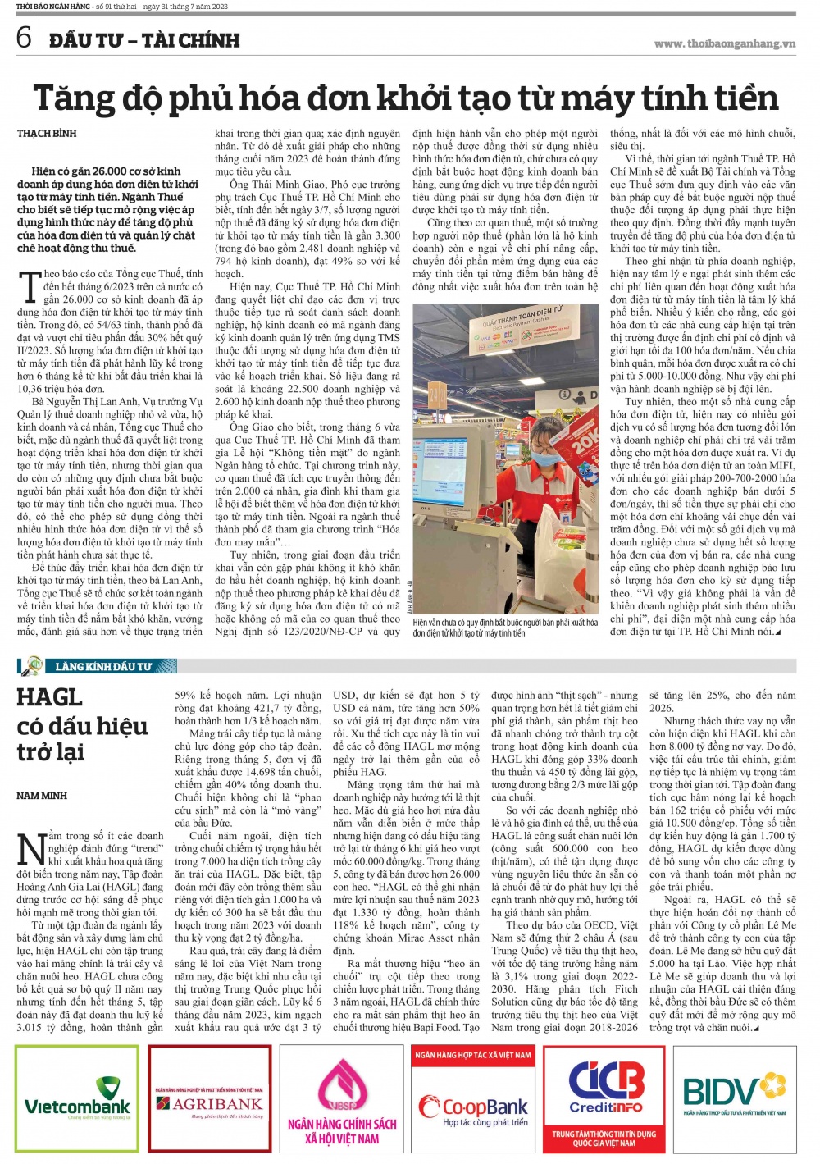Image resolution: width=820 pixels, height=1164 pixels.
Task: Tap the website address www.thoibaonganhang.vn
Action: (x=724, y=43)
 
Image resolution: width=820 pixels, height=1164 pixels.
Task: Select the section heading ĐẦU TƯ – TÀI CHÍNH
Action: (x=144, y=40)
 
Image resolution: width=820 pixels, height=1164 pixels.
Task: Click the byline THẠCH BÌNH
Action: (x=47, y=133)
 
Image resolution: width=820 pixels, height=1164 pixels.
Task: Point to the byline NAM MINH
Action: (x=42, y=796)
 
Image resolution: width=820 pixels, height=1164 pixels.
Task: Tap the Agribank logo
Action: (x=210, y=1104)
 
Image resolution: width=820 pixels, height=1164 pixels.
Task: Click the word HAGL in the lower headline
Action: (x=50, y=697)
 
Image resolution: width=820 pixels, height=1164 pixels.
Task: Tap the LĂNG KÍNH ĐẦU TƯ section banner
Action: (x=102, y=666)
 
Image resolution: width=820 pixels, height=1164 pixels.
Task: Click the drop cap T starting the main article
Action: (x=29, y=286)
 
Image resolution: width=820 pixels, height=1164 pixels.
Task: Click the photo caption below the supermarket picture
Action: (x=504, y=628)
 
